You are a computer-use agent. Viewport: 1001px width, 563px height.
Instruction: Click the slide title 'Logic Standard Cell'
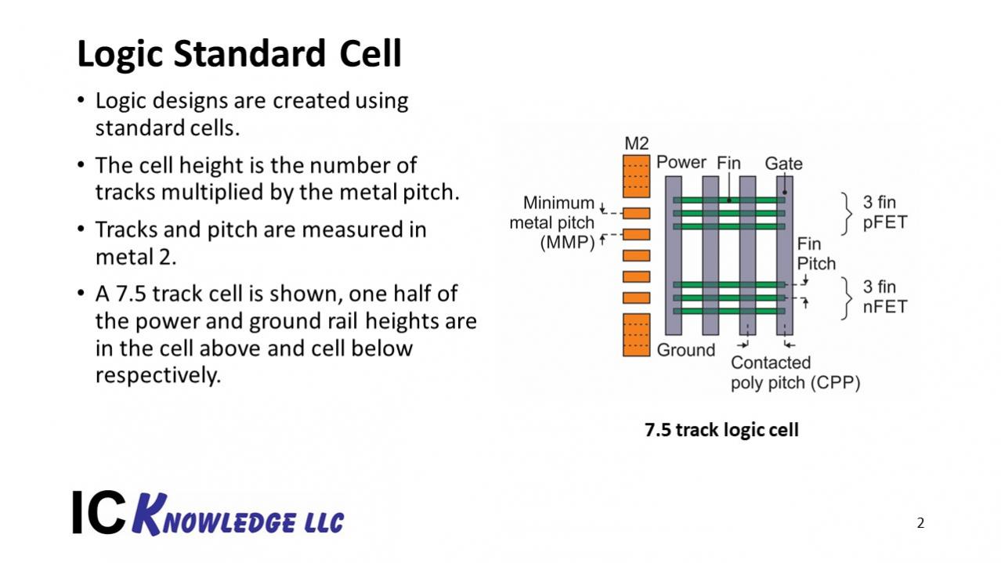pyautogui.click(x=239, y=54)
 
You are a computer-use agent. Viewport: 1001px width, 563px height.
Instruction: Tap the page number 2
pyautogui.click(x=920, y=523)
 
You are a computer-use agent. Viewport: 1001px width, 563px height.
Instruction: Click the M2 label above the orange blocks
pyautogui.click(x=637, y=144)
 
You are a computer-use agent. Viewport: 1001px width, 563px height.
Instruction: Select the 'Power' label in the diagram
pyautogui.click(x=681, y=162)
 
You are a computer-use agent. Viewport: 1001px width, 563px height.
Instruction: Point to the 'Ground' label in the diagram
pyautogui.click(x=685, y=350)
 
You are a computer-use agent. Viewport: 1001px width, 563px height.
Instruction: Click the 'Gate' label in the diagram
pyautogui.click(x=783, y=164)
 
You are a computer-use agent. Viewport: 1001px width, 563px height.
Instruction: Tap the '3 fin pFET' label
pyautogui.click(x=884, y=212)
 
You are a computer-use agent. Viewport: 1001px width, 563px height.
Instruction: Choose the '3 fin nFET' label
pyautogui.click(x=884, y=297)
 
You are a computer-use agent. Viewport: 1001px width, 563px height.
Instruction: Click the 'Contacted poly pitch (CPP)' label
pyautogui.click(x=794, y=373)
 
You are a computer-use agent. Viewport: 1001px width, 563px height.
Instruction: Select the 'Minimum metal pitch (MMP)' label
pyautogui.click(x=552, y=223)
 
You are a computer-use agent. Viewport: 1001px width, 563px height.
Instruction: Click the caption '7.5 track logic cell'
pyautogui.click(x=721, y=430)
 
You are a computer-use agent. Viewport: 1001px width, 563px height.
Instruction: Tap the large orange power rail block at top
pyautogui.click(x=637, y=176)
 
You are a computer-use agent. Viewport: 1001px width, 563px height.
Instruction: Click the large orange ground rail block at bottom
pyautogui.click(x=637, y=334)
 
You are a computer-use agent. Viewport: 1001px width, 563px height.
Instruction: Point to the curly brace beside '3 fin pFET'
pyautogui.click(x=847, y=213)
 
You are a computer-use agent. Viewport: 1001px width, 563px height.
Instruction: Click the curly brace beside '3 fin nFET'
pyautogui.click(x=847, y=298)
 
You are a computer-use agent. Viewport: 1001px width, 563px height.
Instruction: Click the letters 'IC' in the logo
pyautogui.click(x=98, y=514)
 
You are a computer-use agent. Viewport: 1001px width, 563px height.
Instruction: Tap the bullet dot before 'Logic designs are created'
pyautogui.click(x=81, y=102)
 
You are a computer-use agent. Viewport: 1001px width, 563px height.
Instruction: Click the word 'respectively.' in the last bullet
pyautogui.click(x=158, y=375)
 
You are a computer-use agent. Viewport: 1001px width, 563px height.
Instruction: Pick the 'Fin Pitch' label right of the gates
pyautogui.click(x=815, y=254)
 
